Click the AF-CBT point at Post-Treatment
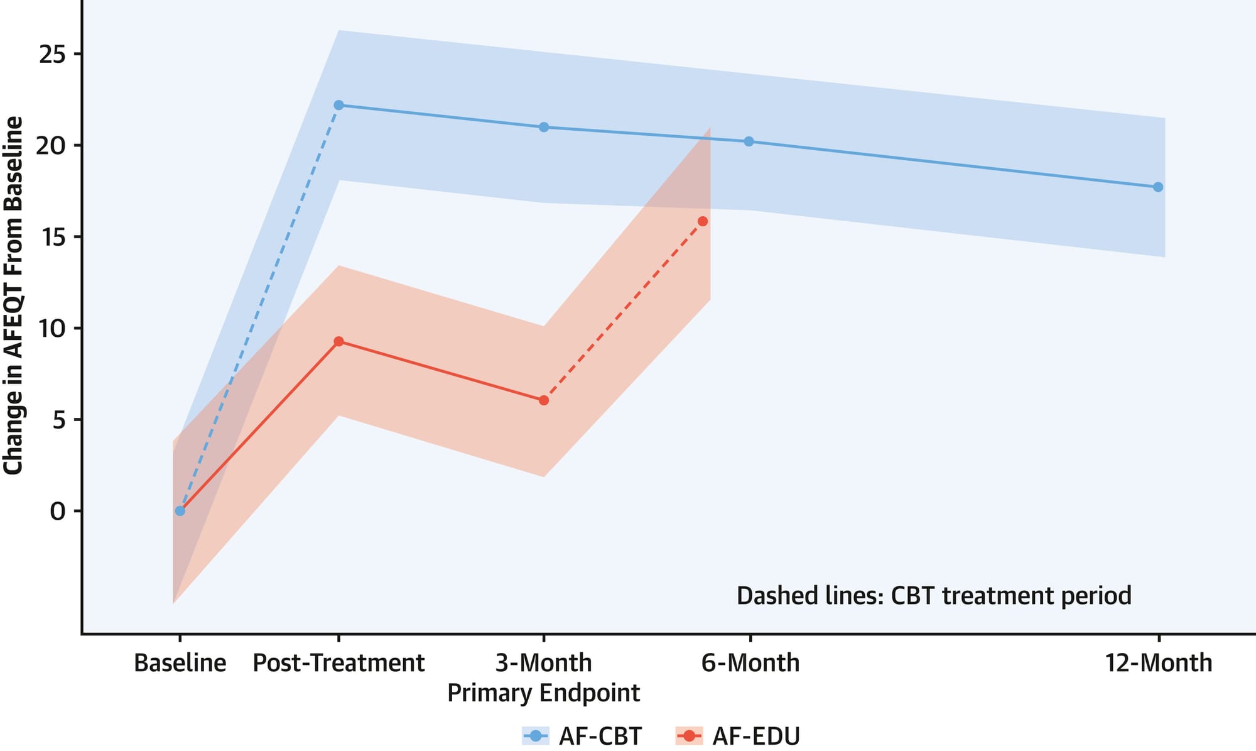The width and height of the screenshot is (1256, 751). tap(338, 105)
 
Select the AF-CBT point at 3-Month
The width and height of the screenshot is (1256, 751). tap(544, 127)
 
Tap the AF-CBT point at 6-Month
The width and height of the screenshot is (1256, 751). tap(749, 141)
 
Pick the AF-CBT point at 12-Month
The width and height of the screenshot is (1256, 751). tap(1158, 187)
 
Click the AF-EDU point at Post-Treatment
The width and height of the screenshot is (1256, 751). tap(338, 341)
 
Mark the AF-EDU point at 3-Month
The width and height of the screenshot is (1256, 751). tap(544, 400)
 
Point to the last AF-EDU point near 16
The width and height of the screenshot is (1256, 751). tap(703, 221)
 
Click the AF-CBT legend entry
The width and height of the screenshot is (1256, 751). tap(582, 735)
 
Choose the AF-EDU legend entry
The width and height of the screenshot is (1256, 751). tap(738, 735)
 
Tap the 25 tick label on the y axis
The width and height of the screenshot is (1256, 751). tap(52, 55)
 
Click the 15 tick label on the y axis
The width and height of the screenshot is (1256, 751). tap(52, 238)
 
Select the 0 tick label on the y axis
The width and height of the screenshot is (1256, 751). tap(58, 512)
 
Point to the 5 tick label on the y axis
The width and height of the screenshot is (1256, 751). tap(58, 420)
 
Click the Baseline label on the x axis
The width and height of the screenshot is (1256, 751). tap(180, 663)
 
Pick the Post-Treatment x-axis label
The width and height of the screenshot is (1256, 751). tap(338, 663)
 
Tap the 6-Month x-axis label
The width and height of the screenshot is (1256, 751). tap(750, 663)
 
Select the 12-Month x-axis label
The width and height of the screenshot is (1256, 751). tap(1158, 663)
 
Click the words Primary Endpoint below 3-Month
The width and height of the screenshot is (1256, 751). tap(543, 693)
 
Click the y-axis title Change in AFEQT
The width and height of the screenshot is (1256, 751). tap(13, 295)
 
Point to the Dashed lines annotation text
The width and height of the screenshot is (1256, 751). tap(933, 595)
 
